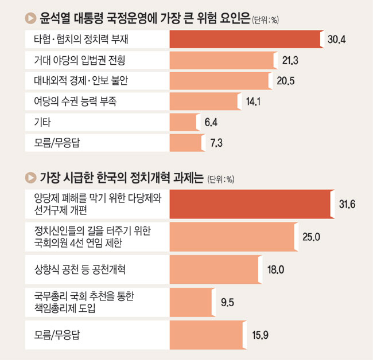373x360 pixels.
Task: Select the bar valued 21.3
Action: point(222,60)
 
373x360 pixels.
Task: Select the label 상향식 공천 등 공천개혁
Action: point(79,268)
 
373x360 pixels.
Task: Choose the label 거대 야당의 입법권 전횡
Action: point(80,60)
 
